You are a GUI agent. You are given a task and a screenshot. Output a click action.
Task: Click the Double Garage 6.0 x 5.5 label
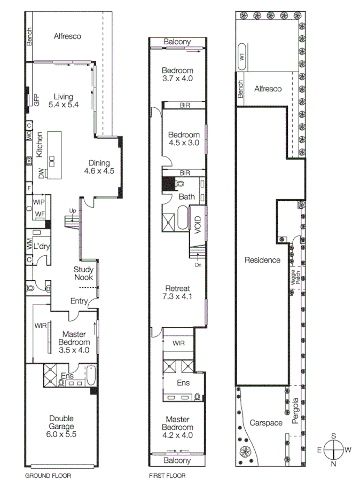coord(61,422)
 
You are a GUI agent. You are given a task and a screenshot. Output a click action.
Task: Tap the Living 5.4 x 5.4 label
coord(63,101)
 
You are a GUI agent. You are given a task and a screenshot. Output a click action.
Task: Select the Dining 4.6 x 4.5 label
coord(99,167)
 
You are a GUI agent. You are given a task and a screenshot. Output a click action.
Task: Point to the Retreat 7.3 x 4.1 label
coord(177,291)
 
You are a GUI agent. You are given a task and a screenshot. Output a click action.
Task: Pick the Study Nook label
coord(83,273)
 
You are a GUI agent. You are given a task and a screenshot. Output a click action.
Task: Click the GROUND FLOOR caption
coord(48,475)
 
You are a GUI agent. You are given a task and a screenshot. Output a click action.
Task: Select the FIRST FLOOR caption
coord(167,475)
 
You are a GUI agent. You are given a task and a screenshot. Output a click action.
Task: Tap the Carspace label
coord(265,422)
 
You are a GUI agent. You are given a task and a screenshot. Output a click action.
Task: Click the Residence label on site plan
coord(262,260)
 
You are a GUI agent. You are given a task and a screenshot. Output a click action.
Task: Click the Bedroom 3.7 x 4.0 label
coord(177,74)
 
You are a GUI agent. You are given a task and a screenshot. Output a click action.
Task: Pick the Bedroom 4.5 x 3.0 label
coord(184,139)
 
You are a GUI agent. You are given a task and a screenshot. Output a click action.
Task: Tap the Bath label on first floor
coord(186,196)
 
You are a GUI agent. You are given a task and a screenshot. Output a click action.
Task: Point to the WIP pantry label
coord(38,202)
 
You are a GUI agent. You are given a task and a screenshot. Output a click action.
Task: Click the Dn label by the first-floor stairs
coord(198,264)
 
